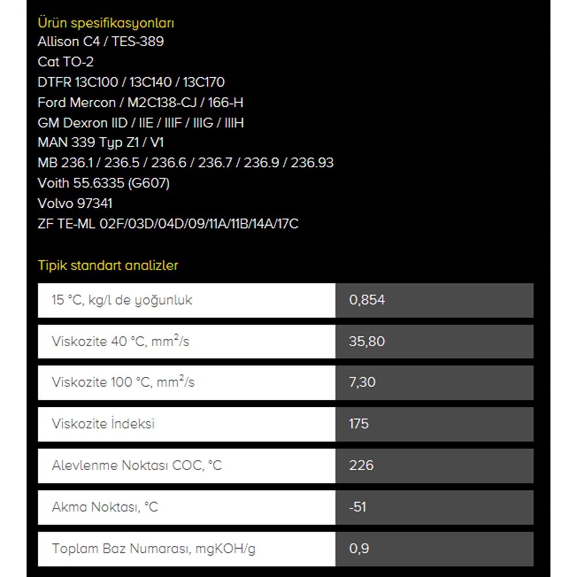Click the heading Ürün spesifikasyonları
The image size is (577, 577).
point(106,23)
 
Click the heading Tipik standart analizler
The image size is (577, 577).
point(108,265)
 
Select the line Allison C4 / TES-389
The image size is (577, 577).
point(100,42)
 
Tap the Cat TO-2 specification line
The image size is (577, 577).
point(65,62)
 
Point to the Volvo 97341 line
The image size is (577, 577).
point(75,203)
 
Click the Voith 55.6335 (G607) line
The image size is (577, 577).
point(103,183)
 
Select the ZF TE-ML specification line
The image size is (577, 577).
point(168,224)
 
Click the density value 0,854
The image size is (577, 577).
point(367,300)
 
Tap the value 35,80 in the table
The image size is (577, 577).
point(367,342)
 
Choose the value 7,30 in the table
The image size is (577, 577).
point(362,383)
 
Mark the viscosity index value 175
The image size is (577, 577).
point(359,424)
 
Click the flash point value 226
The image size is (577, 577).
point(361,465)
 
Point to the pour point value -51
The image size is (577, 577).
point(358,507)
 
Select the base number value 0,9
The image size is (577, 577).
point(359,548)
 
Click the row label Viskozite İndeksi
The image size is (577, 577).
point(103,424)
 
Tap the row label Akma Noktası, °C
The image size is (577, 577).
point(105,507)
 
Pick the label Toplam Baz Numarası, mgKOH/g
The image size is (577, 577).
point(153,548)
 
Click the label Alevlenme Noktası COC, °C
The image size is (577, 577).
point(137,465)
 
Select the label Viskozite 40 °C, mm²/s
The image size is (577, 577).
point(121,342)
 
